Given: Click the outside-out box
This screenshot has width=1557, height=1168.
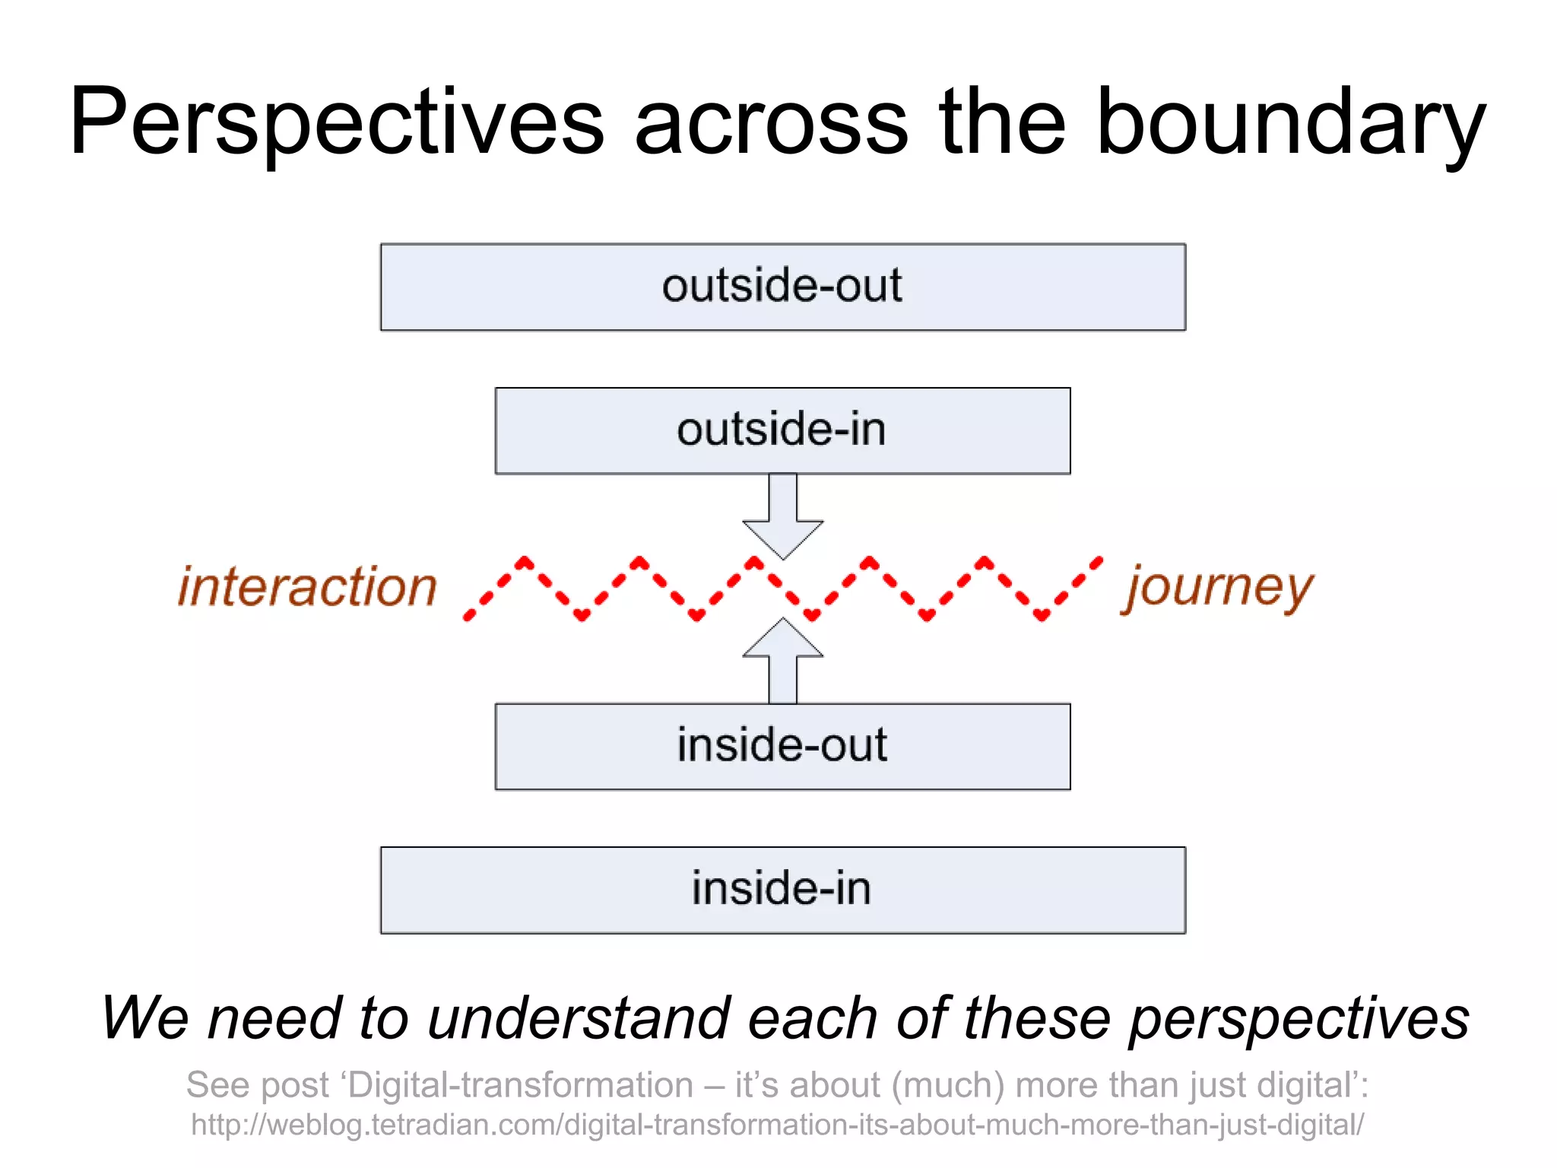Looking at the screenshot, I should (782, 287).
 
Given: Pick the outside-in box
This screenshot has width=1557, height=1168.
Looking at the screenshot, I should (782, 430).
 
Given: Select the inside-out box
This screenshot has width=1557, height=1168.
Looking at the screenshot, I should (782, 746).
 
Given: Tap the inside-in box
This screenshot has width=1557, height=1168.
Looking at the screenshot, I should (782, 890).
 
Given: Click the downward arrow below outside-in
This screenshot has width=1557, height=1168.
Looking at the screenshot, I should (782, 517).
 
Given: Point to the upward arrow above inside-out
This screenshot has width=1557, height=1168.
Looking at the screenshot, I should (782, 660).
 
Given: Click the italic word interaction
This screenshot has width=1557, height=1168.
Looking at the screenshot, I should (307, 588).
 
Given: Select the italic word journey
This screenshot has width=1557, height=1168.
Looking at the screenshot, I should (1219, 588).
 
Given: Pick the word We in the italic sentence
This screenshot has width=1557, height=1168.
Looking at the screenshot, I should (144, 1018).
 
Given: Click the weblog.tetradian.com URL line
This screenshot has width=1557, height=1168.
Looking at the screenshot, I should (777, 1125).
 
